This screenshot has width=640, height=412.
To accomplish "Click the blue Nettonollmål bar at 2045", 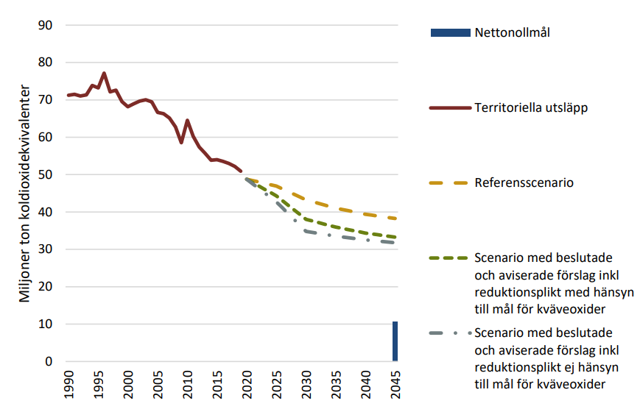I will (x=395, y=341).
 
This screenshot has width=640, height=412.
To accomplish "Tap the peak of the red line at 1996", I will (x=104, y=74).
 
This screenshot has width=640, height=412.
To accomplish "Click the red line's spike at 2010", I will (x=187, y=120).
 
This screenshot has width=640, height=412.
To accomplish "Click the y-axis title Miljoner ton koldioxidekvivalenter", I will (x=24, y=193).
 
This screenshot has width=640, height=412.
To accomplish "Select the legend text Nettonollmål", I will (x=513, y=32).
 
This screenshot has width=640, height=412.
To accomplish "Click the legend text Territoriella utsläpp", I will (x=530, y=107).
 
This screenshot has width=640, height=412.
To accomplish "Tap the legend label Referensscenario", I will (x=524, y=182).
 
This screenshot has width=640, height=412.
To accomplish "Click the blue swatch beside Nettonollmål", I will (x=449, y=32).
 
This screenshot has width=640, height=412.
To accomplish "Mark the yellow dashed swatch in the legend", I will (x=449, y=182).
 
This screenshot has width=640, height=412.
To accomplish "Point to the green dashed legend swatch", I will (x=449, y=258).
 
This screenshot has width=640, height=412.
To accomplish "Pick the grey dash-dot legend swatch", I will (x=449, y=333).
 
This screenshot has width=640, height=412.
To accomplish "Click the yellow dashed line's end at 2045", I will (x=395, y=219).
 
